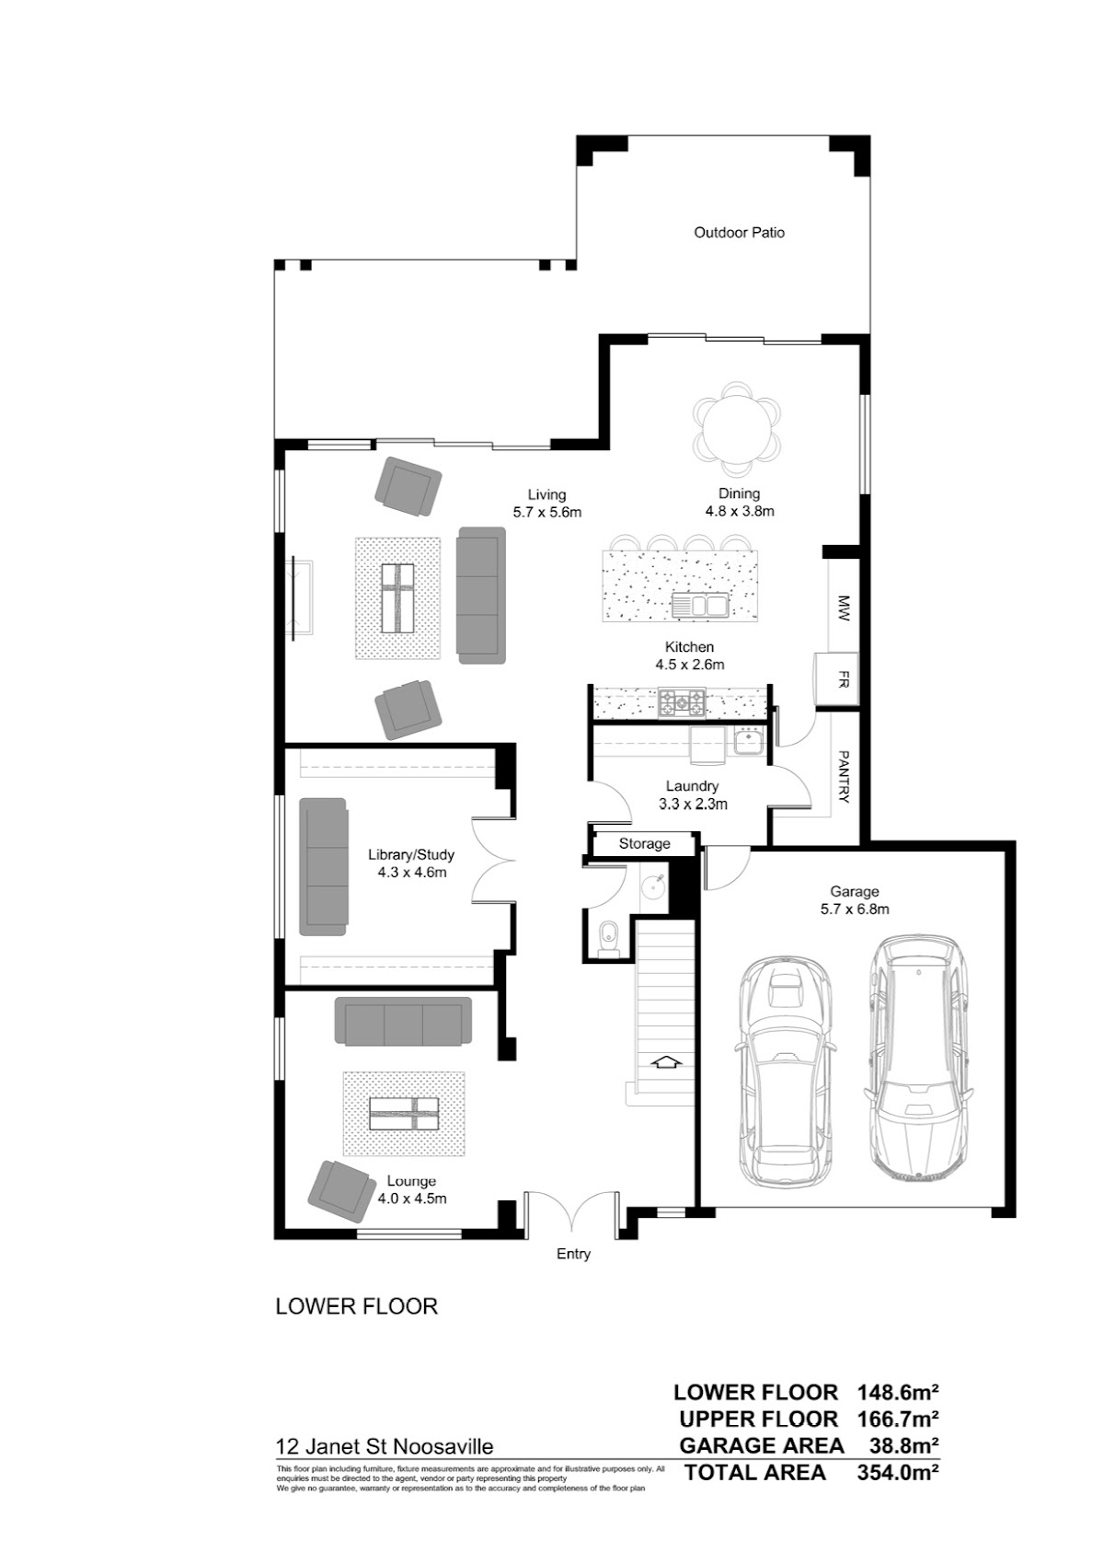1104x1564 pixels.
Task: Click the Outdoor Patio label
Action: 739,233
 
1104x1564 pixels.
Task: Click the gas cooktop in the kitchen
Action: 681,703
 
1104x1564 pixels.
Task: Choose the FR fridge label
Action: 843,679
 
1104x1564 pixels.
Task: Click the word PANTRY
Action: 844,776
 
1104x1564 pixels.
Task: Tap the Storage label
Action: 644,843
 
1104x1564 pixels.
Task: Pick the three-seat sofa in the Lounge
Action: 403,1021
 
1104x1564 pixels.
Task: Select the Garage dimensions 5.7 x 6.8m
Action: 854,909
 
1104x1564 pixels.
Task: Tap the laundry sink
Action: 747,742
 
